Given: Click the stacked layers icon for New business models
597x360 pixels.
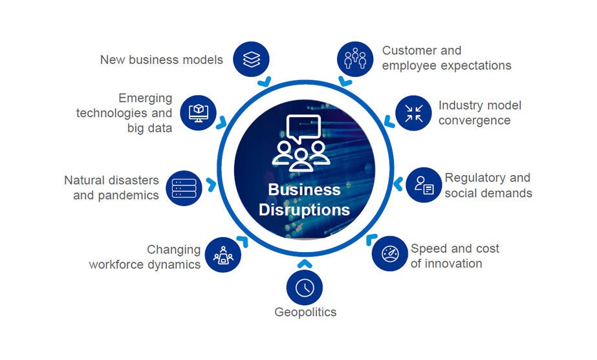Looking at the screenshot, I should coord(252,59).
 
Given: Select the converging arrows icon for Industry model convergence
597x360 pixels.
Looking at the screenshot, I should coord(413,113).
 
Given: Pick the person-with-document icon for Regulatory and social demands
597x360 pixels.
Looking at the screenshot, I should coord(424,185).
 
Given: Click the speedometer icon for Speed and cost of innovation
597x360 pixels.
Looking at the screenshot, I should coord(390,253).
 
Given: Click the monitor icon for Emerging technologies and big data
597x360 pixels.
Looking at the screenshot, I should coord(198,112).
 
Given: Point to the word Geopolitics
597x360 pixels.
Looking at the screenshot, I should coord(305,313).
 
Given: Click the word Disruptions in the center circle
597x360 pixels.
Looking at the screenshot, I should coord(304,210).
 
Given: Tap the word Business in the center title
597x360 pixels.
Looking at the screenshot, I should coord(304,189).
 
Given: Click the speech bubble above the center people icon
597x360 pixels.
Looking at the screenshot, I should coord(303,129).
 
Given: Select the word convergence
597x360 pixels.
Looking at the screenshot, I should coord(475,120).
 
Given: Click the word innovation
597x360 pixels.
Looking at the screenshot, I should coord(456,264).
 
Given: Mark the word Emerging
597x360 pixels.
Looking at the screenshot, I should coord(146,98).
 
